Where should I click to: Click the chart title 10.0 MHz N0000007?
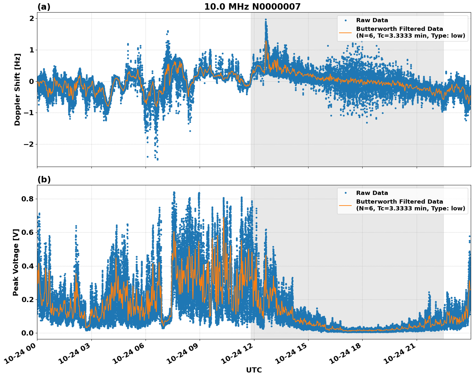[252, 7]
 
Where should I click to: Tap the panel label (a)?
[44, 7]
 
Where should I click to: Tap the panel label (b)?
[44, 179]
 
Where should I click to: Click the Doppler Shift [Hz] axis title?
[17, 89]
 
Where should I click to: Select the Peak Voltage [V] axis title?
[16, 262]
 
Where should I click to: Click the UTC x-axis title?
[254, 370]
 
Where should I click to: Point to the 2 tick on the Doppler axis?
[32, 19]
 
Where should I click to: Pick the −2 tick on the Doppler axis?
[29, 144]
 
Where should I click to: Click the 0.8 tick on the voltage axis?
[28, 199]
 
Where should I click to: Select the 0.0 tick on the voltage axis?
[28, 333]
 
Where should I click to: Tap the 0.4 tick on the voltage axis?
[28, 266]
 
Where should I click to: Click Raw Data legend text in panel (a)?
[372, 20]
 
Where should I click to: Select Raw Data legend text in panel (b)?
[372, 193]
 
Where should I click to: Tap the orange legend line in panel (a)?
[345, 32]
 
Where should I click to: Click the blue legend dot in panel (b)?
[345, 193]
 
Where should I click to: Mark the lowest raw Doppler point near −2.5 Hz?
[157, 159]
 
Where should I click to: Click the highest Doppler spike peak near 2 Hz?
[266, 20]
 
